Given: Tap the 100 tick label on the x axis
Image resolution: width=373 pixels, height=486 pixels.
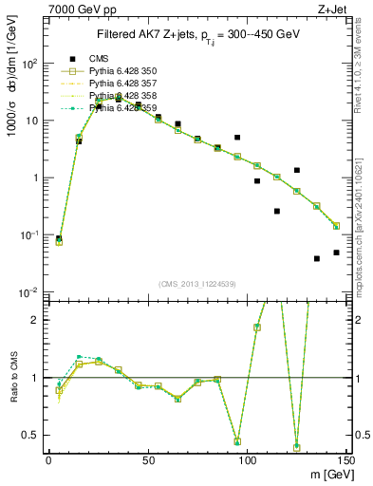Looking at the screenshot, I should (247, 459).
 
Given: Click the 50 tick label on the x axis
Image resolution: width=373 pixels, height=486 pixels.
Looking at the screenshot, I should (148, 459).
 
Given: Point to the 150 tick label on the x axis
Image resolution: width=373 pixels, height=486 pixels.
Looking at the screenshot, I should (345, 459).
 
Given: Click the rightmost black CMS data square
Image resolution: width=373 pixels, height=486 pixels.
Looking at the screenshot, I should (337, 252).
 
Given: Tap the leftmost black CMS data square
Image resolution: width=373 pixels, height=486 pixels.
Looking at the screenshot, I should (59, 238).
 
